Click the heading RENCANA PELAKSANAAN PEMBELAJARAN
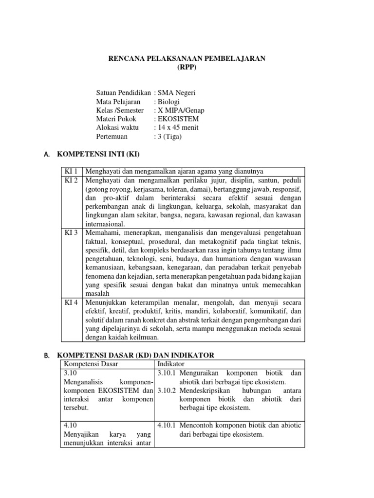(x=187, y=58)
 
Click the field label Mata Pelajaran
(x=118, y=101)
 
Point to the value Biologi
(x=168, y=101)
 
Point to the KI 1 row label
(x=72, y=171)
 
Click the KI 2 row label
(x=72, y=180)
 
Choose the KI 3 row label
(x=72, y=233)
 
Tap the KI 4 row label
(x=72, y=302)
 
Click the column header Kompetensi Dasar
(x=91, y=364)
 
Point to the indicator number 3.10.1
(x=167, y=373)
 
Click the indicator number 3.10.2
(x=167, y=391)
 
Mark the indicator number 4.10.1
(x=167, y=426)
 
